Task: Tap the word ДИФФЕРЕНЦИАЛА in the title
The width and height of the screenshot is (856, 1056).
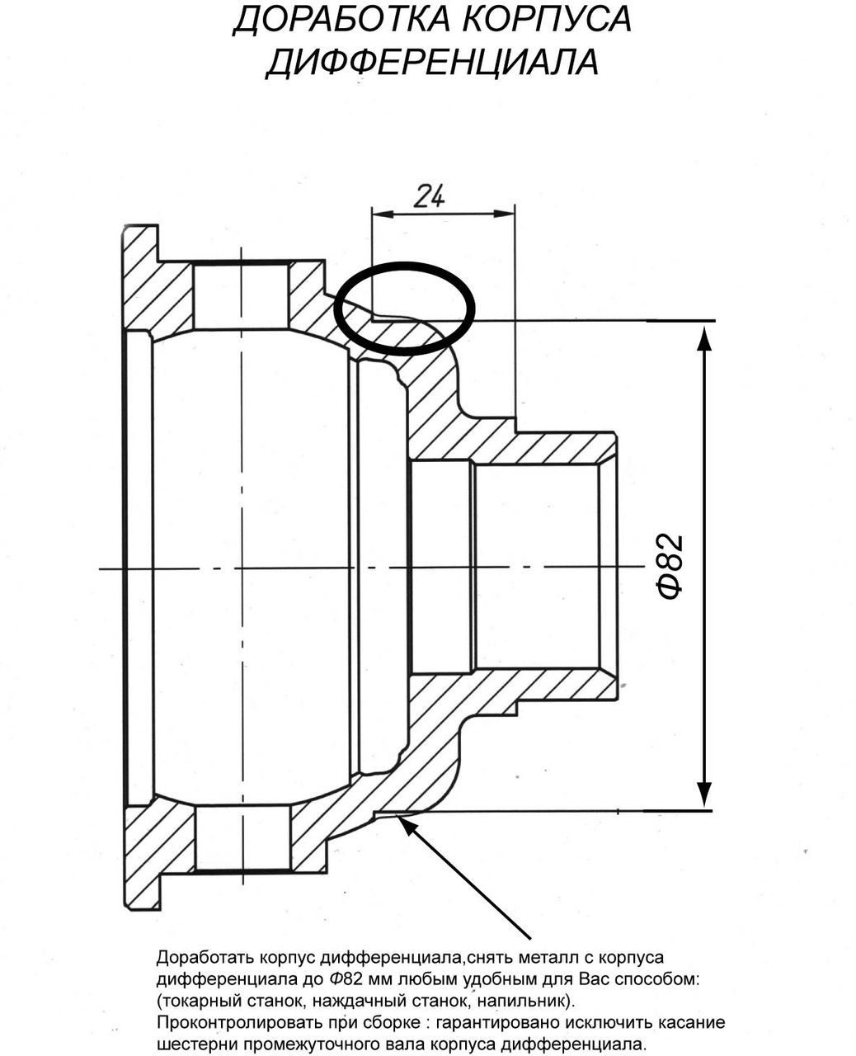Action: point(431,63)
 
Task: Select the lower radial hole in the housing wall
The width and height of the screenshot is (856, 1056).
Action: point(243,837)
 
